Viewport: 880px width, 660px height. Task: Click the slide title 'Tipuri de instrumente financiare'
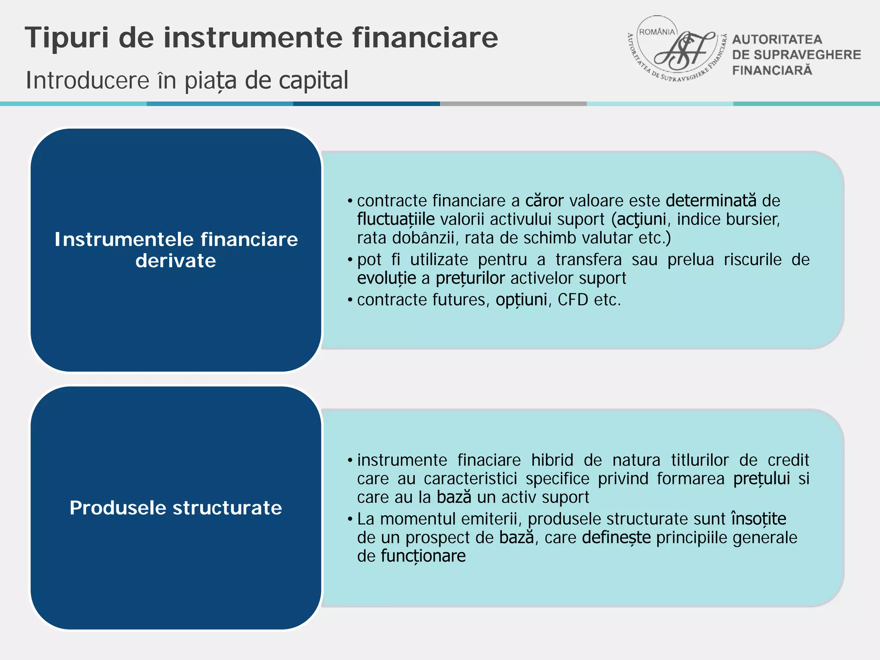tap(261, 38)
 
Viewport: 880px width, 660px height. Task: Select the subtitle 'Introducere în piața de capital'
tap(187, 80)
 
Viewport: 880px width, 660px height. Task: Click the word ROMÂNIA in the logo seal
tap(657, 32)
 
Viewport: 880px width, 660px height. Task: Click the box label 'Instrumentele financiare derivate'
tap(176, 250)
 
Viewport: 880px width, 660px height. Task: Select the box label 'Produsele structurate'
tap(176, 508)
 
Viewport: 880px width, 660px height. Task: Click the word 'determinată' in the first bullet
tap(711, 201)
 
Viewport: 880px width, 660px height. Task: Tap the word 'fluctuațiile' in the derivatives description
tap(396, 220)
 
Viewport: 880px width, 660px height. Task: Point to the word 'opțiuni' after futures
tap(521, 300)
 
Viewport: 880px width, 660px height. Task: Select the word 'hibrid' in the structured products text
tap(552, 460)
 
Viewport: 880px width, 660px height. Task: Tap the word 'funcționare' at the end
tap(423, 556)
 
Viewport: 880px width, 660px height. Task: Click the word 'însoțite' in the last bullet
tap(758, 519)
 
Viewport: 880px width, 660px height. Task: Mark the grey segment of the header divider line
tap(513, 104)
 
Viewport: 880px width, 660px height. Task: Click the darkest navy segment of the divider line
tap(367, 104)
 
